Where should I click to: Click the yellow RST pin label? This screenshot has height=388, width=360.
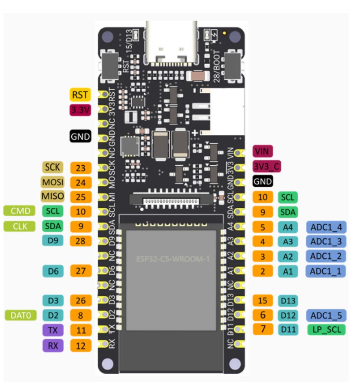point(81,94)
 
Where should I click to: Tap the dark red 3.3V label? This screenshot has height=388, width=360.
point(81,110)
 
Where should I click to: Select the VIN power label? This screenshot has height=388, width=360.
point(263,151)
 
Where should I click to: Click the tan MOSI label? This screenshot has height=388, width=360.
point(52,182)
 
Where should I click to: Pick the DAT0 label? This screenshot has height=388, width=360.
point(21,315)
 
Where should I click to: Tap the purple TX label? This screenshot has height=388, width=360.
point(53,330)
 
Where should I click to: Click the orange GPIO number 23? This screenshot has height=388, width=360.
point(81,167)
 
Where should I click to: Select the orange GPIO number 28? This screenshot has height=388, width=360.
point(81,240)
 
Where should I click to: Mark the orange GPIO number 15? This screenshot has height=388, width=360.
point(263,300)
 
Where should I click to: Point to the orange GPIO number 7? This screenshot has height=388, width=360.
point(263,330)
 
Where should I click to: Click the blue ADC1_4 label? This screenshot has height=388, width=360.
point(326,226)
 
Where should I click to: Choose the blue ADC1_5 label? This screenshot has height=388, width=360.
point(326,315)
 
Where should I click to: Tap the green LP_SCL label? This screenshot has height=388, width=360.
point(326,330)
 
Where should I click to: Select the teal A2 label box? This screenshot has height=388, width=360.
point(287,256)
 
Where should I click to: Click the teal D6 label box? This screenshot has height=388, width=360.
point(53,271)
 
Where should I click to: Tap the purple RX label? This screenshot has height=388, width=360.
point(53,345)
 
